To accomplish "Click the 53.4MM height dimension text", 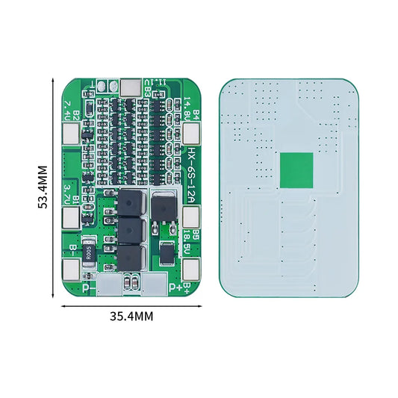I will coord(43,186).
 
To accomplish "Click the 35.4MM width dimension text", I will coord(131,316).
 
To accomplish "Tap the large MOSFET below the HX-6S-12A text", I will coord(162,208).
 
